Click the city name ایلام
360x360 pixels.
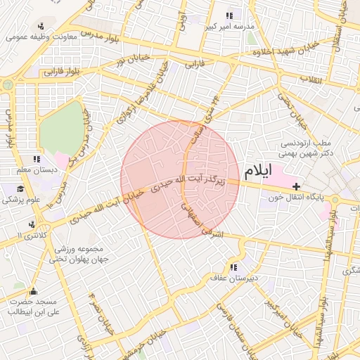pyautogui.click(x=262, y=171)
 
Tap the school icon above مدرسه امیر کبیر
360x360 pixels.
pyautogui.click(x=229, y=15)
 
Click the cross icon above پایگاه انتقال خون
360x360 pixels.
pyautogui.click(x=297, y=187)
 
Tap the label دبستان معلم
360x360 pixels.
pyautogui.click(x=26, y=170)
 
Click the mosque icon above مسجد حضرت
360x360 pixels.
pyautogui.click(x=32, y=292)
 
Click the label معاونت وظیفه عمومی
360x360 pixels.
pyautogui.click(x=39, y=37)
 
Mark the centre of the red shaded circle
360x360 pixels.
pyautogui.click(x=180, y=179)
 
